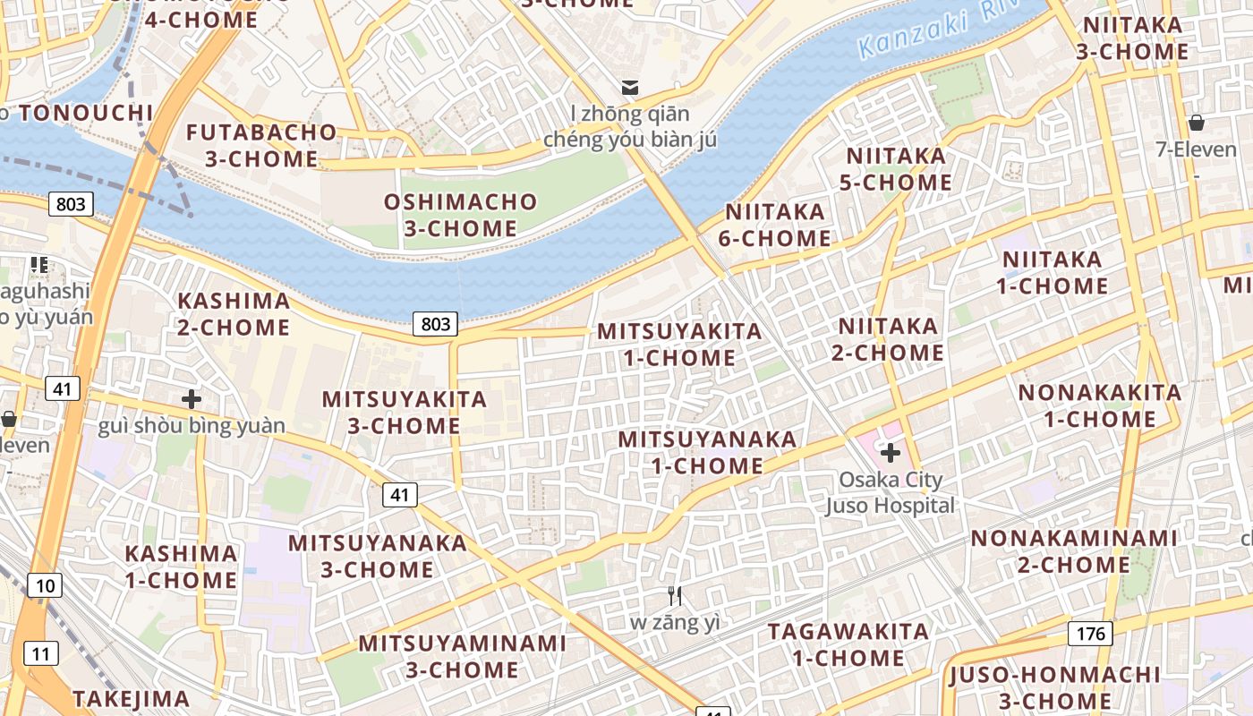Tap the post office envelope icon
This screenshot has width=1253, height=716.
pyautogui.click(x=631, y=88)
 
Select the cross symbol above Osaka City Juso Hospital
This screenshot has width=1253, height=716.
pyautogui.click(x=891, y=453)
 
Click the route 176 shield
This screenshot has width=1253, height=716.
pyautogui.click(x=1089, y=634)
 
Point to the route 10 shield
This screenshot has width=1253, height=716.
pyautogui.click(x=45, y=586)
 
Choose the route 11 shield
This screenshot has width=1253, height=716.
pyautogui.click(x=40, y=653)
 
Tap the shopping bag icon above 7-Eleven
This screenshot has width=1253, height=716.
pyautogui.click(x=1196, y=123)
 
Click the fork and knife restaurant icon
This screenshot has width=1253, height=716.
pyautogui.click(x=676, y=595)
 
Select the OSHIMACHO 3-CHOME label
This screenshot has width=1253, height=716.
pyautogui.click(x=460, y=215)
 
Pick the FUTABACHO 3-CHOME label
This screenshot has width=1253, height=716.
pyautogui.click(x=261, y=146)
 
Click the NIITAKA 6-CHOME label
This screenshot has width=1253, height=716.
pyautogui.click(x=775, y=225)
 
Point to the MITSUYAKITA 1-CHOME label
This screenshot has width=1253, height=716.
pyautogui.click(x=679, y=345)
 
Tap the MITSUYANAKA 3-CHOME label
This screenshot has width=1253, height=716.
pyautogui.click(x=377, y=556)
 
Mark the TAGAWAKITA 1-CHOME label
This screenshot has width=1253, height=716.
pyautogui.click(x=848, y=644)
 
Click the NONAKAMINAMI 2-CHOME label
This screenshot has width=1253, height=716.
pyautogui.click(x=1074, y=551)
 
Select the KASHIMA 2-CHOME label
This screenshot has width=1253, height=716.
pyautogui.click(x=234, y=314)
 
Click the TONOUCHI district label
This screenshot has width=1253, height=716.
pyautogui.click(x=86, y=113)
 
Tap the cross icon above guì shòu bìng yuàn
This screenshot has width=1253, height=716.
pyautogui.click(x=191, y=399)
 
